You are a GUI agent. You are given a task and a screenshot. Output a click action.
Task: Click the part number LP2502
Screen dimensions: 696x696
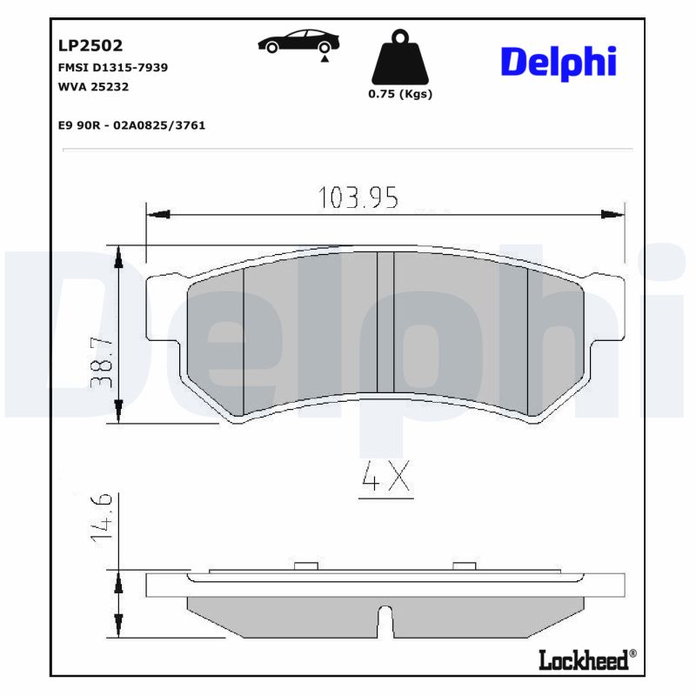90,45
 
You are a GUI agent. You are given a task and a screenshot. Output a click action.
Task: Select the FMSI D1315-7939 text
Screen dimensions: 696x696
112,67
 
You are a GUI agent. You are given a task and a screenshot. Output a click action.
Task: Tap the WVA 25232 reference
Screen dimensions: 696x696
93,86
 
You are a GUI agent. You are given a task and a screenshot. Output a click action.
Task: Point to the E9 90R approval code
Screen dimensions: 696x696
130,125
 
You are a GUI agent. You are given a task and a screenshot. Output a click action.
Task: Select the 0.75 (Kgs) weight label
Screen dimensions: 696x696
400,94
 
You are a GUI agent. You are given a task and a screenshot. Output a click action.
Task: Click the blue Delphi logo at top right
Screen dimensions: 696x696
558,62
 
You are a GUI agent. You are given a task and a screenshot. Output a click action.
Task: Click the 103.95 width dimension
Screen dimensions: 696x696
358,198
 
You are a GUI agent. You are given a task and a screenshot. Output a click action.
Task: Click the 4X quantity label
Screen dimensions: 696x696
385,481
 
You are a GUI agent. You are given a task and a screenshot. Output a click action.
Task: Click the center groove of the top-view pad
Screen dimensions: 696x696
385,322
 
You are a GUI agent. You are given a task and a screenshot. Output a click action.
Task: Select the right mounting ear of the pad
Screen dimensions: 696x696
606,309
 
